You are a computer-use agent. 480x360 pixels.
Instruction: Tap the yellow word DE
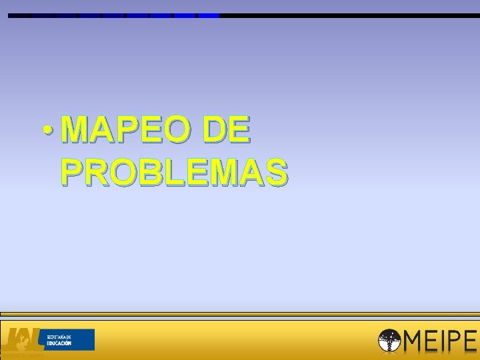[x=229, y=130]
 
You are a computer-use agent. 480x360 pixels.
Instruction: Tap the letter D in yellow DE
[x=217, y=130]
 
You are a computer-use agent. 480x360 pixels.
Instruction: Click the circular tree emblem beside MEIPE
[x=389, y=341]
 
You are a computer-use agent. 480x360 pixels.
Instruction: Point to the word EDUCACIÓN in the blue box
[x=59, y=343]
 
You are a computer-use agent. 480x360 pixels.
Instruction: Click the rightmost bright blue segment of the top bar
[x=209, y=15]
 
